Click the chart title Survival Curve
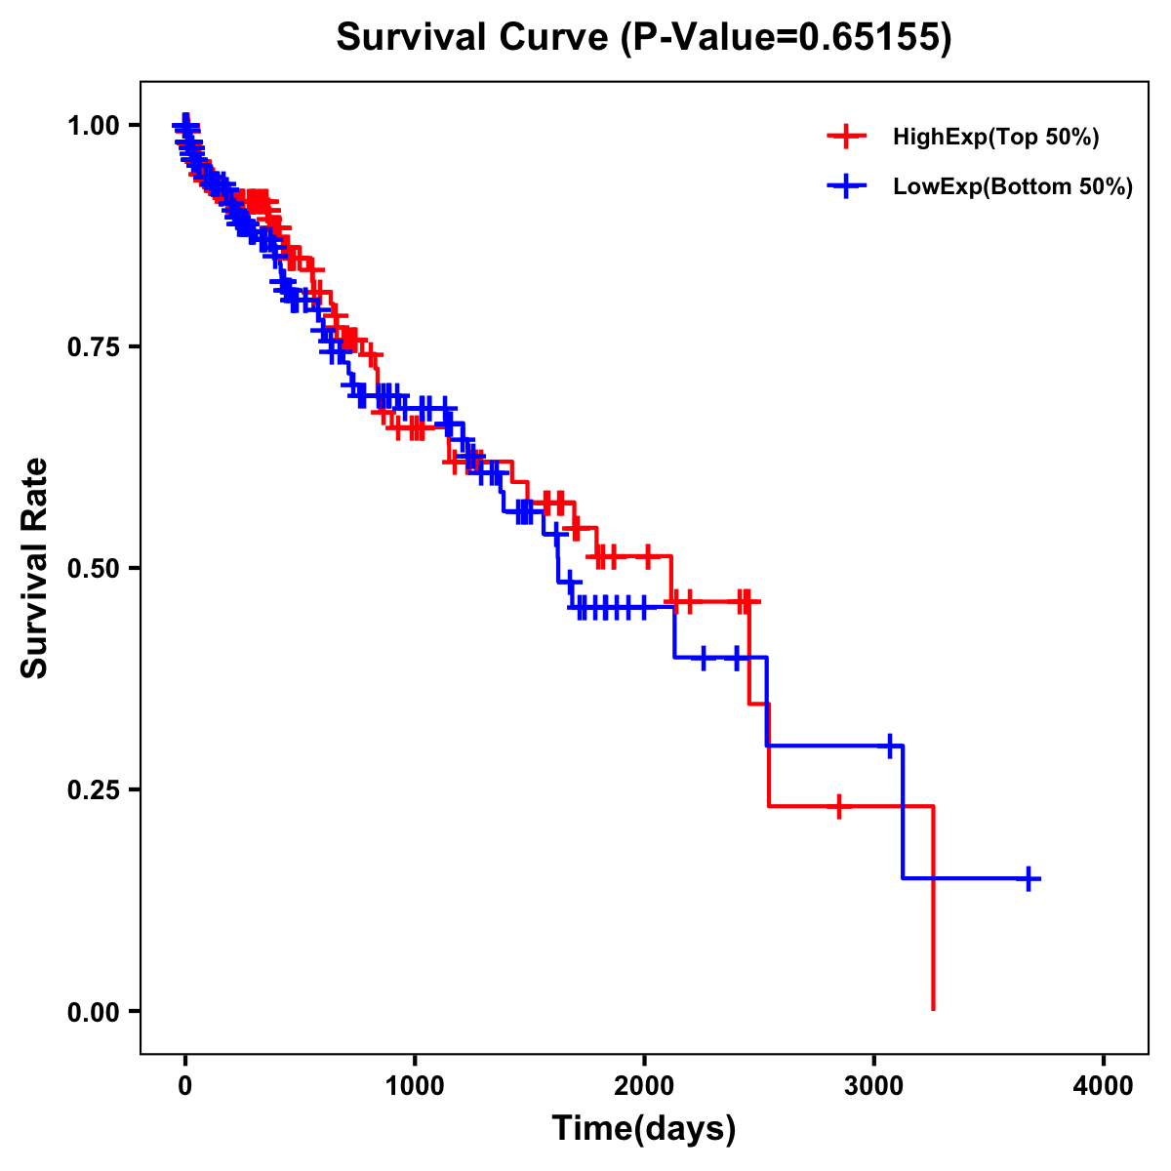(x=643, y=38)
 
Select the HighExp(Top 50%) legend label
(x=995, y=138)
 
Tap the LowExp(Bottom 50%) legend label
(x=1013, y=187)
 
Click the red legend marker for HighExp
(x=846, y=137)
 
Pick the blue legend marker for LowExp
(x=846, y=186)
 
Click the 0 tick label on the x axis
(x=185, y=1086)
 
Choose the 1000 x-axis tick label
(x=415, y=1086)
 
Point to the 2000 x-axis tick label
(x=644, y=1086)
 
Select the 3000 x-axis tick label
(x=874, y=1086)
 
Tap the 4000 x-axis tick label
(x=1104, y=1086)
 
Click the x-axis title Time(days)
(x=643, y=1129)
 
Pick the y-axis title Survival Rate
(x=35, y=568)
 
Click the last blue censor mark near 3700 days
(x=1028, y=878)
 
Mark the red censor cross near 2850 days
(x=838, y=806)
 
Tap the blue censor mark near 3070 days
(x=889, y=746)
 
